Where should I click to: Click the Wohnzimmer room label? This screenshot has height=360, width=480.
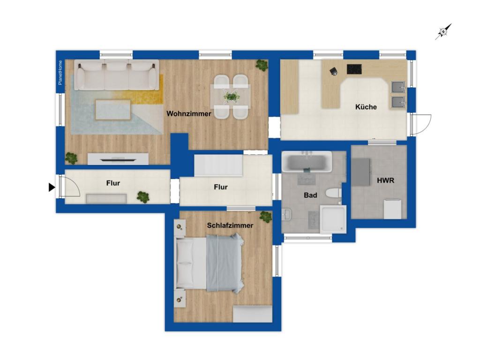click(188, 114)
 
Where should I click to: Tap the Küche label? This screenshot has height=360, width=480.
click(366, 107)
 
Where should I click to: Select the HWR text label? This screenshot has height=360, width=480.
click(385, 180)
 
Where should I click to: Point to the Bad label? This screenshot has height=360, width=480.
click(310, 195)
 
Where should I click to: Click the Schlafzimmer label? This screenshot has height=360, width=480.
click(230, 225)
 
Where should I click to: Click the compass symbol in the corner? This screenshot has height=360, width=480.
click(443, 31)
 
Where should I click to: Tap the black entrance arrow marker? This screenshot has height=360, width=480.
click(52, 187)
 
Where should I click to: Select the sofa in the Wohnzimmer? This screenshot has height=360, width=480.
click(116, 75)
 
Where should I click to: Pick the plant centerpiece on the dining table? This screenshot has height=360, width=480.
click(231, 97)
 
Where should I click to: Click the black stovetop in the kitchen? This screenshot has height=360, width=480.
click(354, 69)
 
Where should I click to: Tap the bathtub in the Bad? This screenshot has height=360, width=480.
click(307, 161)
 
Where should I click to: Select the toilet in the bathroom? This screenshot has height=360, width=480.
click(333, 193)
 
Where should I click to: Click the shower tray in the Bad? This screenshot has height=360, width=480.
click(333, 219)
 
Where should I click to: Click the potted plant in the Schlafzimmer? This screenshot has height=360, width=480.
click(265, 217)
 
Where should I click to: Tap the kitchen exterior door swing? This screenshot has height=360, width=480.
click(421, 124)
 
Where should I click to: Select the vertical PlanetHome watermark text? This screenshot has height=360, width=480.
click(60, 73)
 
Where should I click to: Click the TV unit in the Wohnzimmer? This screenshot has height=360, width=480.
click(118, 159)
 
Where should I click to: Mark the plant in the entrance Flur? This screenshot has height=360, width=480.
click(143, 197)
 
